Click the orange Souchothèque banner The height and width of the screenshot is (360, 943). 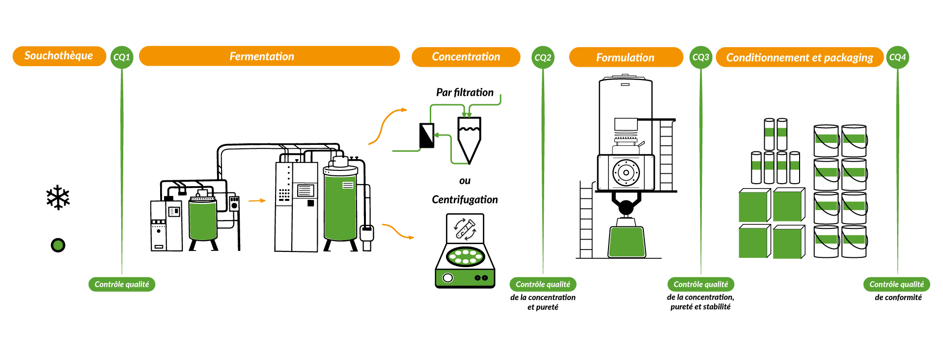tap(59, 56)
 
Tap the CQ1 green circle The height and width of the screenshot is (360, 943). tap(122, 57)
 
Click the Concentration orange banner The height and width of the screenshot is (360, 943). tap(466, 57)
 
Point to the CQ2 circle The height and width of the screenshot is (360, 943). tap(543, 57)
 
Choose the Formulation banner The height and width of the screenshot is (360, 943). tap(626, 57)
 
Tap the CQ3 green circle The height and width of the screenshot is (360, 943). tap(701, 57)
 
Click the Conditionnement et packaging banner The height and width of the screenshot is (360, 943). tap(800, 57)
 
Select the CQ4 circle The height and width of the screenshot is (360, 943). tap(897, 57)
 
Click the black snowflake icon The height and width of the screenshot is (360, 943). tap(58, 197)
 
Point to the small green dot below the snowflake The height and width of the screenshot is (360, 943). tap(58, 245)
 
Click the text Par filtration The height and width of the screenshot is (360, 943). tap(465, 92)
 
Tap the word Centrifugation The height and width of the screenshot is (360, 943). tap(465, 199)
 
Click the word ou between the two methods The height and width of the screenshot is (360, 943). tap(465, 181)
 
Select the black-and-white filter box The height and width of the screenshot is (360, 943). tap(427, 136)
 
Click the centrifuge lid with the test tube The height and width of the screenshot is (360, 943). tap(465, 228)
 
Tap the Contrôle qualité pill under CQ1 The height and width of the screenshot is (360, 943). tap(122, 284)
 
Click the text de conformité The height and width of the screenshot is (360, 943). tap(898, 297)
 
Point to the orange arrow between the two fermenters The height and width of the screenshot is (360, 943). tap(257, 200)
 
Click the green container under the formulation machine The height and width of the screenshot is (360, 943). tap(626, 242)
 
